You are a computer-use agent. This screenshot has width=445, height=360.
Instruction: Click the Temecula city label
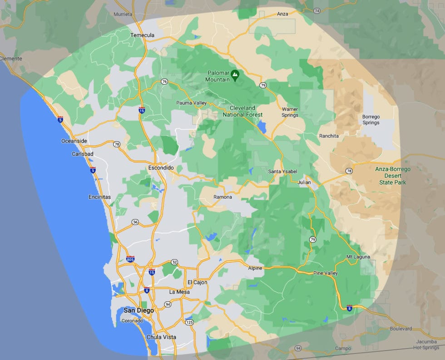[143, 35]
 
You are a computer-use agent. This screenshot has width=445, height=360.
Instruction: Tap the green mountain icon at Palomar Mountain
[235, 75]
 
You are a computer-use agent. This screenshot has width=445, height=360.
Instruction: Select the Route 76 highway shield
[164, 82]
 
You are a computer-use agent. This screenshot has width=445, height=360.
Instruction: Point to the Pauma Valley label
[191, 103]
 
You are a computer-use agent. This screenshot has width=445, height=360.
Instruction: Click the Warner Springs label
[290, 112]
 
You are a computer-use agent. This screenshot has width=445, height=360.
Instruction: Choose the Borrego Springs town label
[371, 120]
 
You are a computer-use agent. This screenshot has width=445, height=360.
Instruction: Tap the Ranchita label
[329, 136]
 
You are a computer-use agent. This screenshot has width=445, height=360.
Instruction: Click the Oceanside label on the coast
[74, 141]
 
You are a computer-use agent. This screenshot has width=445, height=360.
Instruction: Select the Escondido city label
[161, 168]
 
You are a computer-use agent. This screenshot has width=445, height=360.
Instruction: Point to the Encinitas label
[100, 197]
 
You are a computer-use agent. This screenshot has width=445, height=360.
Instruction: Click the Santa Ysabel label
[282, 171]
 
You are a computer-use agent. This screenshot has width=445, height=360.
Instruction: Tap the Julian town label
[304, 182]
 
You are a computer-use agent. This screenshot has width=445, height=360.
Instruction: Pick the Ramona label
[222, 197]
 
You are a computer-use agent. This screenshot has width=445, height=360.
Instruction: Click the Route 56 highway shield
[135, 222]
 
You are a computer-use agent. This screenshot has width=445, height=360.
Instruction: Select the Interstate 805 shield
[130, 259]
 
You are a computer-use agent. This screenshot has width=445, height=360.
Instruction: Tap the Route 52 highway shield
[174, 262]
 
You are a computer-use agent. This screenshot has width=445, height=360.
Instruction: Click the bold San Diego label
[138, 310]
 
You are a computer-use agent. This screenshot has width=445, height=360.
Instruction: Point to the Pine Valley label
[326, 273]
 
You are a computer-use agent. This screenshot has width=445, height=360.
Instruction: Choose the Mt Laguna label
[358, 257]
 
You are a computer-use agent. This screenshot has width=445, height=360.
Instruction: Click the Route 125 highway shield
[189, 322]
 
